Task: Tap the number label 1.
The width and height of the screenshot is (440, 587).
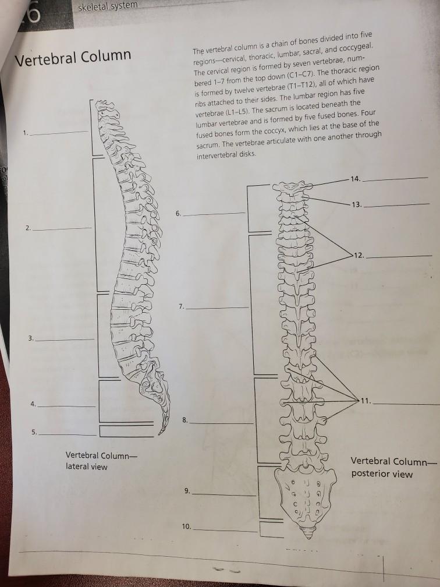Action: pos(26,133)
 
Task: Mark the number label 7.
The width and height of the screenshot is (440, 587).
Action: pos(182,305)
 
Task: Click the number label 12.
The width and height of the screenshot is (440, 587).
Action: pos(361,256)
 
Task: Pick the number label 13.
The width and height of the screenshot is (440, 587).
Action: pos(357,204)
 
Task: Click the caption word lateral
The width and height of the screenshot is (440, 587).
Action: pos(78,466)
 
